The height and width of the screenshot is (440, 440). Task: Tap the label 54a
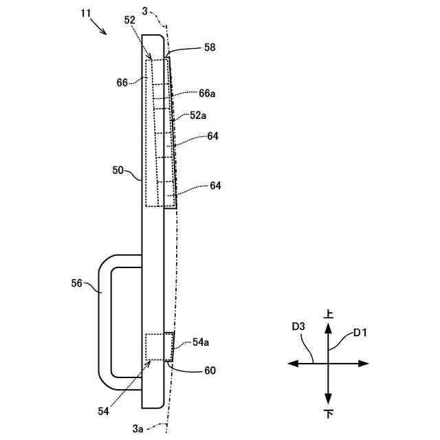(x=202, y=342)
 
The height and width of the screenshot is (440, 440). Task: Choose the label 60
(x=209, y=371)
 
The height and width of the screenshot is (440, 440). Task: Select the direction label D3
(x=298, y=327)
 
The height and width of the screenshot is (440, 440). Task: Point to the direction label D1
(x=360, y=333)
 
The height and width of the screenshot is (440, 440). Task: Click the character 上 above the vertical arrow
(x=329, y=313)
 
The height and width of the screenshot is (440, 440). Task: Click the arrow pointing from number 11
(x=99, y=27)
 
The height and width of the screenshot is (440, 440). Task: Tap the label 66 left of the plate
(x=122, y=82)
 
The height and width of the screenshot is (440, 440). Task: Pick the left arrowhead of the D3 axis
(x=291, y=363)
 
